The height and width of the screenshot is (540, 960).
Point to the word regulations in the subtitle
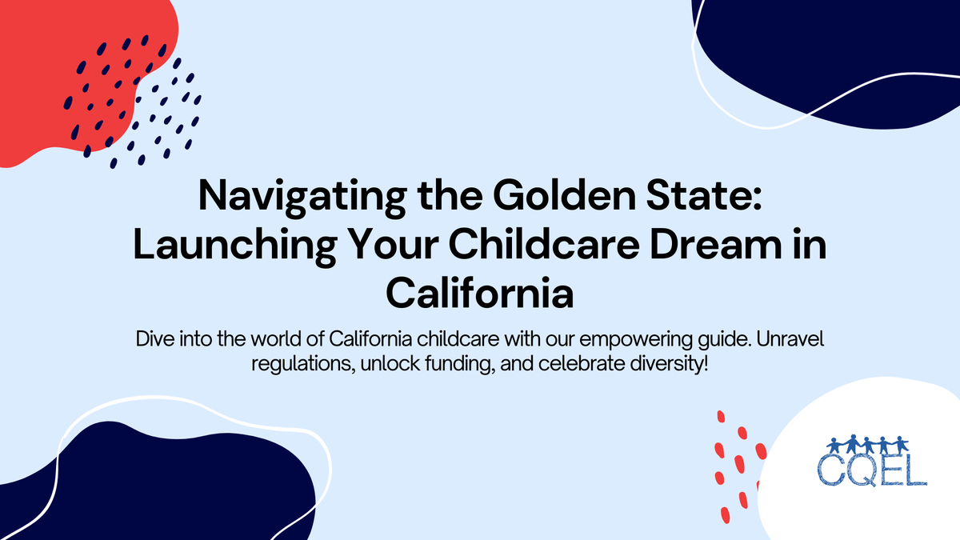click(x=294, y=362)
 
